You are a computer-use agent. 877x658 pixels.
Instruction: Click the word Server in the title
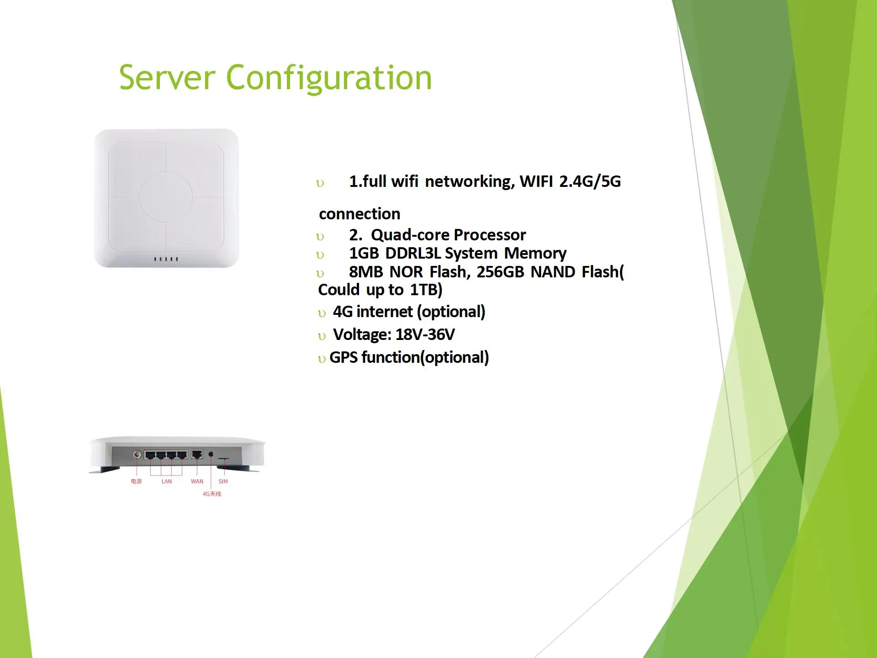click(167, 78)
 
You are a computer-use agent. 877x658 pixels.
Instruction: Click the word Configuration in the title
click(329, 79)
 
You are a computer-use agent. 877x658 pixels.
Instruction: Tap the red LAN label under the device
click(167, 481)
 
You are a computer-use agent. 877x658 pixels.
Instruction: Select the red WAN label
click(197, 481)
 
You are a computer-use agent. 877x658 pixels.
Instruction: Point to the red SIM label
click(223, 481)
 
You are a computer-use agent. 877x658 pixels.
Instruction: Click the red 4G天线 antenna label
click(212, 494)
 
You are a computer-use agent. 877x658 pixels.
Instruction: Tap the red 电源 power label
click(136, 481)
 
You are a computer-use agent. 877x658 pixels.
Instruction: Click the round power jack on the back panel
click(137, 454)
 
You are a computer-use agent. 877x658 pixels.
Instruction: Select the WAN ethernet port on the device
click(197, 454)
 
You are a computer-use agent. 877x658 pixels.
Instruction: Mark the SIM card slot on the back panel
click(223, 457)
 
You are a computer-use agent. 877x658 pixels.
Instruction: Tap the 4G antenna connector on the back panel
click(211, 454)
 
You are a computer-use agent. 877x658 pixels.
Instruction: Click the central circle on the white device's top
click(165, 197)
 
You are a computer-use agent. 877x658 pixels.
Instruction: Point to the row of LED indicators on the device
click(166, 259)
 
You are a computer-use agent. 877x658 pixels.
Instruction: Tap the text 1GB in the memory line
click(364, 253)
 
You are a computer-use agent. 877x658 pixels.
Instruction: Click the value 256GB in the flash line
click(500, 272)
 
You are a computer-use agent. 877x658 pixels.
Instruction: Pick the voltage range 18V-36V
click(425, 334)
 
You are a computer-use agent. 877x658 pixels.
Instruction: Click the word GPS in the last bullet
click(343, 357)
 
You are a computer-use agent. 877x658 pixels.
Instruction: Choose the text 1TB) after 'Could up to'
click(426, 290)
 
